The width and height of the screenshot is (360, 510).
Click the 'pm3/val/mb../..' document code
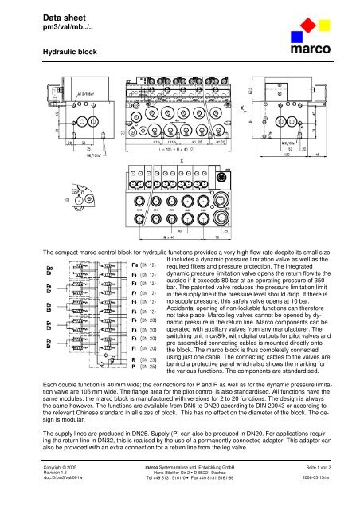[x=47, y=26]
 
